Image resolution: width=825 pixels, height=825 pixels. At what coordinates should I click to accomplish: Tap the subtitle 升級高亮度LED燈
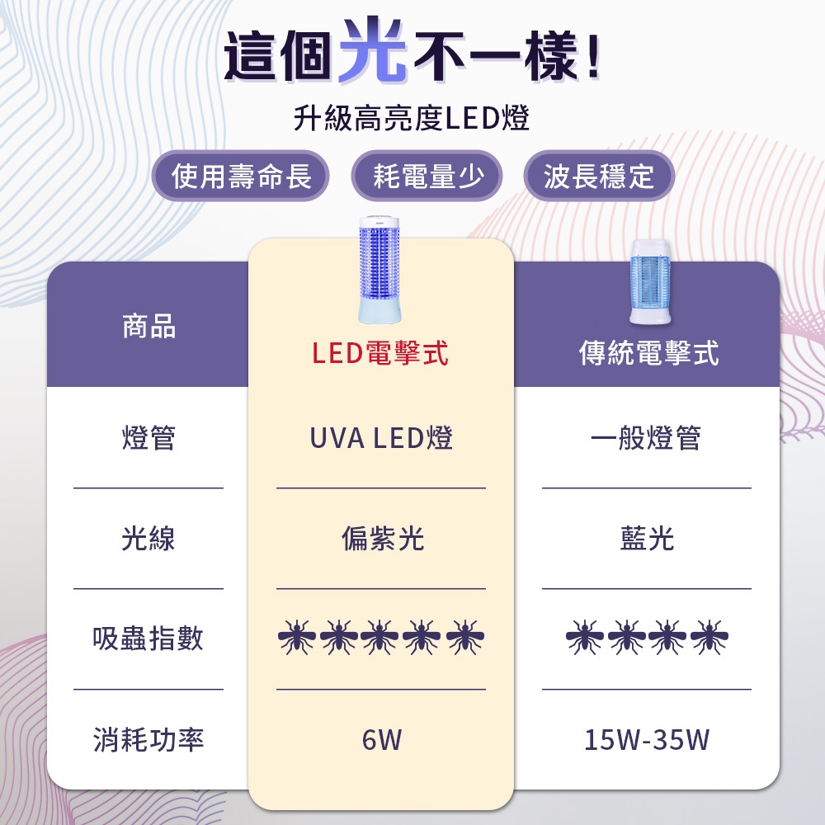pos(412,119)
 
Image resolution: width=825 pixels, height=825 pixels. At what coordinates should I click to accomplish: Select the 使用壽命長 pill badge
pos(241,176)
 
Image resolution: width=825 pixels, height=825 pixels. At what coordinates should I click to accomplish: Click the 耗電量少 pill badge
pos(427,176)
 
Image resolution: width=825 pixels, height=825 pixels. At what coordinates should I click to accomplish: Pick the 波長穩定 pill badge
pos(598,176)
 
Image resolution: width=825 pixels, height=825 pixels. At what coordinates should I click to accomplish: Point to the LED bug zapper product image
pos(380,270)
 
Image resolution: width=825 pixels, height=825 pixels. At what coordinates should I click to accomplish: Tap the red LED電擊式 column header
pos(380,353)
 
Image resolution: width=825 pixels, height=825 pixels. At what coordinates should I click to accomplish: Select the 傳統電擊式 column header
pos(648,353)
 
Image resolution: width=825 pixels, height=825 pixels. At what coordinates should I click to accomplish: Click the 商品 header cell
pos(148,327)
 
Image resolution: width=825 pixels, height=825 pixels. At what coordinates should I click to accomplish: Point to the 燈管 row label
pos(148,437)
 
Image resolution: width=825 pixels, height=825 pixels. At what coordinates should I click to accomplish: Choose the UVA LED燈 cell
pos(381,437)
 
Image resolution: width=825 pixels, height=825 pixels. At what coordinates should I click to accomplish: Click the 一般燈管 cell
pos(646,437)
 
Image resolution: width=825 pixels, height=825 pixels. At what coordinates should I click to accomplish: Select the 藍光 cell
pos(647,539)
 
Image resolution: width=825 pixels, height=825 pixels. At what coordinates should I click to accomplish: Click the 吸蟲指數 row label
pos(148,639)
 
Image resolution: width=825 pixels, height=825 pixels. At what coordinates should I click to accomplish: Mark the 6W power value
pos(381,740)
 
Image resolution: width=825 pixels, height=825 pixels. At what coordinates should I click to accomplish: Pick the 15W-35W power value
pos(647,740)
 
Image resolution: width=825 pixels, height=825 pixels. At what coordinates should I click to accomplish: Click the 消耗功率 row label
pos(148,740)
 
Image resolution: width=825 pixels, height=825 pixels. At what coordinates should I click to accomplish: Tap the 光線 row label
pos(148,539)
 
